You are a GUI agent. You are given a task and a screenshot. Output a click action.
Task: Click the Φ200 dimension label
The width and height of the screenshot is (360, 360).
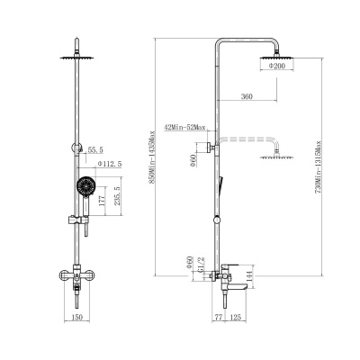(276, 67)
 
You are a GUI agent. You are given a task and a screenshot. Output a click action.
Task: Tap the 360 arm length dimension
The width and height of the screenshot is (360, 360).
(247, 96)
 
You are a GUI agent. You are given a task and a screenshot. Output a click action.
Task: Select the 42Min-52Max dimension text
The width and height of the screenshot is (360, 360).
(184, 128)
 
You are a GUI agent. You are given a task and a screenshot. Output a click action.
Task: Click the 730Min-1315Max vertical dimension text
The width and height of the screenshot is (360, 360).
(319, 166)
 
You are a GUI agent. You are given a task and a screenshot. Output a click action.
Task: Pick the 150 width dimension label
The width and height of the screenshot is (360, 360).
(77, 317)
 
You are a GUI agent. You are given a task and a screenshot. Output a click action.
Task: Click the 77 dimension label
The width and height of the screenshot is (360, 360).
(219, 317)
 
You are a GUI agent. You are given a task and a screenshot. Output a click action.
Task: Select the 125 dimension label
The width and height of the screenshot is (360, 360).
(236, 317)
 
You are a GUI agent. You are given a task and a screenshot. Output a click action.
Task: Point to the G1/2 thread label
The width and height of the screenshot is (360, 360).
(202, 264)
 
